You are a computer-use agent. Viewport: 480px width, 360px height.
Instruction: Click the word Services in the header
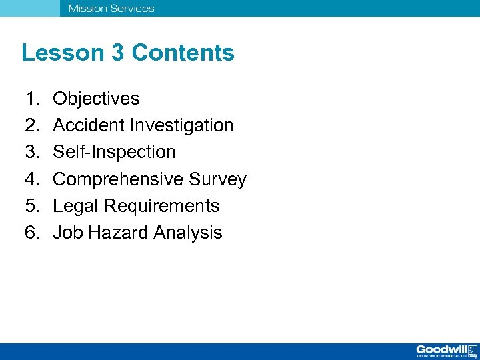pyautogui.click(x=131, y=9)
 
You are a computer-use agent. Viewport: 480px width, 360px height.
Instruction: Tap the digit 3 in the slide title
pyautogui.click(x=118, y=53)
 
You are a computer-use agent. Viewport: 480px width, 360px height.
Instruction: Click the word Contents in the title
pyautogui.click(x=183, y=53)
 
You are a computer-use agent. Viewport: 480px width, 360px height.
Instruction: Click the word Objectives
pyautogui.click(x=96, y=99)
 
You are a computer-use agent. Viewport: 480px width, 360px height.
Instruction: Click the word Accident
pyautogui.click(x=83, y=126)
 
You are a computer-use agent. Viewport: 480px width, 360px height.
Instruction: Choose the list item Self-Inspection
pyautogui.click(x=114, y=153)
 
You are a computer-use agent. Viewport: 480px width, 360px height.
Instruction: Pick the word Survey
pyautogui.click(x=217, y=180)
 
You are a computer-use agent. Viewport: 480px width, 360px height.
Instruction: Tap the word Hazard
pyautogui.click(x=117, y=233)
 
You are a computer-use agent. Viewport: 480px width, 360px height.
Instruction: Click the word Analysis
pyautogui.click(x=188, y=233)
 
